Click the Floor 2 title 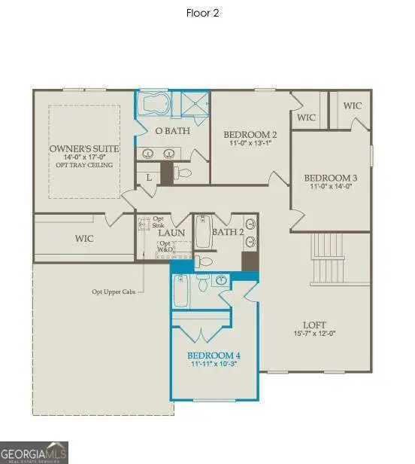click(x=202, y=13)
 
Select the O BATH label click(x=172, y=131)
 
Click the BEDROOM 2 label click(x=250, y=135)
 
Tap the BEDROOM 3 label click(x=330, y=179)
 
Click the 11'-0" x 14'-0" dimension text click(x=330, y=188)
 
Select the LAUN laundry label click(x=171, y=233)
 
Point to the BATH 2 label click(x=228, y=233)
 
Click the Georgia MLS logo click(x=35, y=453)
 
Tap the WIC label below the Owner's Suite click(x=83, y=239)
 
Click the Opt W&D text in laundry click(x=165, y=246)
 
